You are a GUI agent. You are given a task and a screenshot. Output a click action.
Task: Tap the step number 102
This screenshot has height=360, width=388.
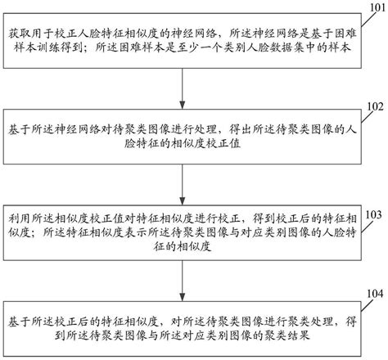point(373,106)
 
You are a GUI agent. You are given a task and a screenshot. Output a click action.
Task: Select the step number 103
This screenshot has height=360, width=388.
point(373,214)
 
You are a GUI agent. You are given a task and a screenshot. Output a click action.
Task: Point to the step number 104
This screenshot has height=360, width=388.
point(373,292)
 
